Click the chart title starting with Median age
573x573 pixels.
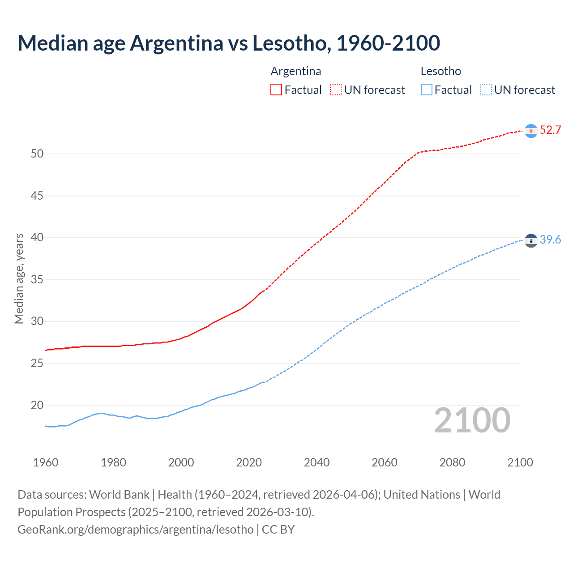[x=229, y=43]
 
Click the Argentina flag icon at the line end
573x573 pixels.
[x=531, y=131]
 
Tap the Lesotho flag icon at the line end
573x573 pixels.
[x=531, y=241]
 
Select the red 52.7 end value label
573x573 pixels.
[x=550, y=130]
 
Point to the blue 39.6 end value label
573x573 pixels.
[x=550, y=240]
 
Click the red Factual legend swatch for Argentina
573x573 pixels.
[x=276, y=90]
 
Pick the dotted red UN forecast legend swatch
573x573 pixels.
[x=336, y=90]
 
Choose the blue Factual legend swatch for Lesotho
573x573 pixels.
[x=427, y=90]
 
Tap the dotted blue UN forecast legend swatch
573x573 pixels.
[x=486, y=90]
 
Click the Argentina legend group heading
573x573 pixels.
[x=296, y=71]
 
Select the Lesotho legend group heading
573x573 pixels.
[x=440, y=71]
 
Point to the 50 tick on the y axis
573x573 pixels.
[x=37, y=154]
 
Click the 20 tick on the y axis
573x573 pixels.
[x=37, y=406]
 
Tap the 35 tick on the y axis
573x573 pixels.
[x=37, y=280]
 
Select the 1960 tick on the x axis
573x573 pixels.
[x=46, y=462]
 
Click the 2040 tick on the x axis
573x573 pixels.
[x=316, y=462]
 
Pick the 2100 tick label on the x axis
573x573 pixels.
[x=520, y=462]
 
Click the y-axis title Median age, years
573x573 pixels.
[x=19, y=278]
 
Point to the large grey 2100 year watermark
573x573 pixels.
[x=472, y=420]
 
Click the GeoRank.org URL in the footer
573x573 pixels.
[x=136, y=530]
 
